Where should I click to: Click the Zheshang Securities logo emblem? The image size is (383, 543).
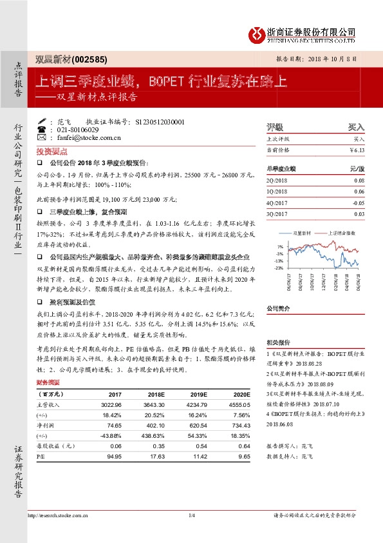coord(257,33)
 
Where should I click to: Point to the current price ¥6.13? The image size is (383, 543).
coord(357,150)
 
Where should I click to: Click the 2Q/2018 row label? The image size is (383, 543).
coord(277,181)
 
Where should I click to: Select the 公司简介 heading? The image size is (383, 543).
coord(278,309)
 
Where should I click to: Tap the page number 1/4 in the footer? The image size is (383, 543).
coord(191,515)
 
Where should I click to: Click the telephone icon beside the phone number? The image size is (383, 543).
coord(42,129)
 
